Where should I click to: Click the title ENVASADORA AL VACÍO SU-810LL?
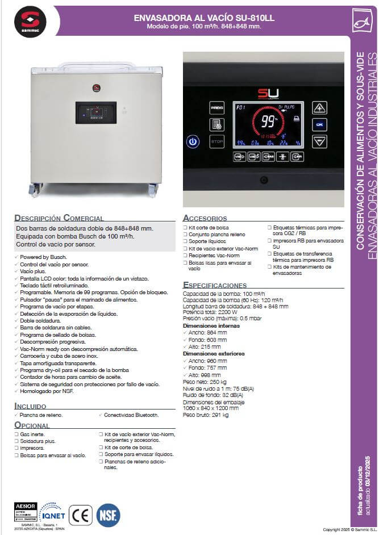coord(203,18)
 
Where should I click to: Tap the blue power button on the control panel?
coord(193,142)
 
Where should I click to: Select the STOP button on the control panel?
coord(216,143)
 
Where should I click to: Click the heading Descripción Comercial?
coord(59,218)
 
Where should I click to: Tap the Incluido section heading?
coord(30,406)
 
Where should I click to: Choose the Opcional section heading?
coord(32,425)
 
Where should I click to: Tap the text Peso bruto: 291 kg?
coord(206,415)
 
